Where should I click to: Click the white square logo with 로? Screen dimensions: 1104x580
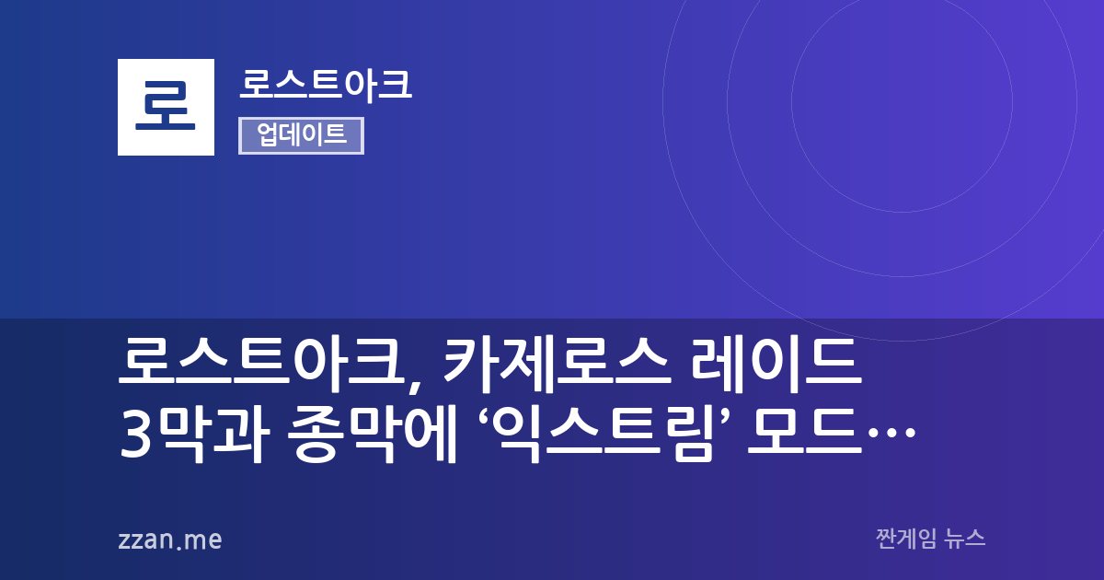coord(166,107)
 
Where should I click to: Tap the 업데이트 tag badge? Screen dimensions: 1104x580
coord(301,135)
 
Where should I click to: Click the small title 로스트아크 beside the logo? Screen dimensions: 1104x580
coord(326,85)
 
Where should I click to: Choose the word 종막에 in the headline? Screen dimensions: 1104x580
coord(372,435)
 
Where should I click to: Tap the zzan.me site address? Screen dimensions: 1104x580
coord(170,539)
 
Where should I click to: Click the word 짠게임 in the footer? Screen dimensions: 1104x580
coord(906,539)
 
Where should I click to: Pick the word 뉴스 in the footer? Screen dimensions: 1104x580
coord(964,539)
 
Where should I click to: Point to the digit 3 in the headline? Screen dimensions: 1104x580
coord(134,435)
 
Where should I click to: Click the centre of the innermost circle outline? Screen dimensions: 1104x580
coord(792,101)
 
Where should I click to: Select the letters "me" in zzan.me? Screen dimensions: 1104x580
coord(203,540)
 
